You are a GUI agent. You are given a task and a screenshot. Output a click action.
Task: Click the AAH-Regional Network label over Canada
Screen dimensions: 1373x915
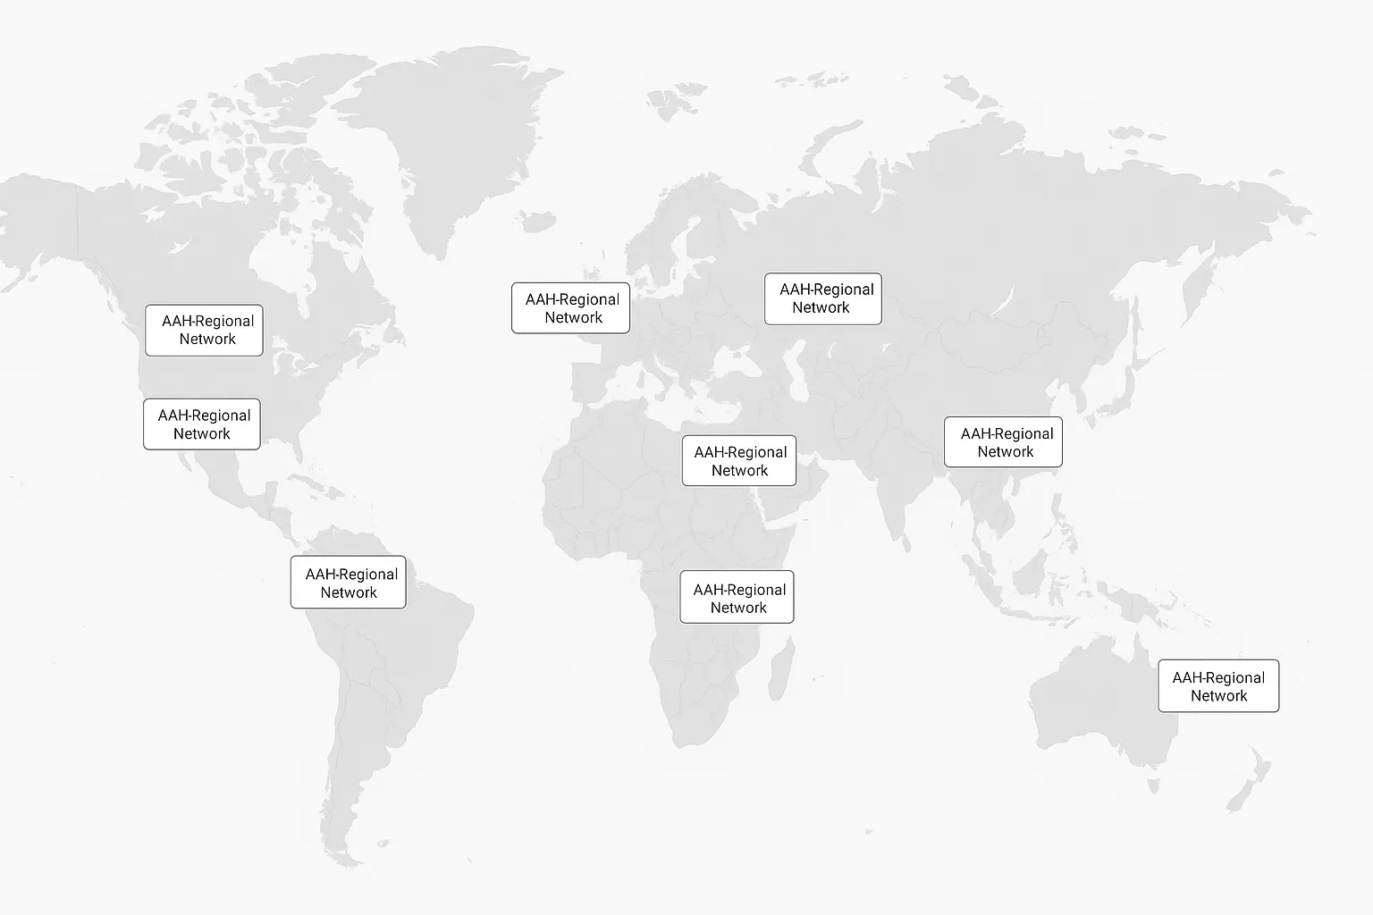pos(204,331)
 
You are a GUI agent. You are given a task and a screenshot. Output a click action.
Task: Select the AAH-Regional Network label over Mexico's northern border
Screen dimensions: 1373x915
pos(202,424)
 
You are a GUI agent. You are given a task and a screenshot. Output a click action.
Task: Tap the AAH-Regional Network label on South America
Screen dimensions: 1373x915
pos(348,583)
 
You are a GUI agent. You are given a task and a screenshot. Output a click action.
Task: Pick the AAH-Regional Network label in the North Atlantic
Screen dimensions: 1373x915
pos(570,308)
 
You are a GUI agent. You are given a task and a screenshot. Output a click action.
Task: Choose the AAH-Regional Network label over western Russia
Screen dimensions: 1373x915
pos(822,298)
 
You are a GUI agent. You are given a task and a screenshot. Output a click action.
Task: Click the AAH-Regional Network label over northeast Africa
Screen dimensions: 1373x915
pos(738,461)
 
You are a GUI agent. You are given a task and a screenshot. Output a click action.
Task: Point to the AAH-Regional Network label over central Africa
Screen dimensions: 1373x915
pos(737,598)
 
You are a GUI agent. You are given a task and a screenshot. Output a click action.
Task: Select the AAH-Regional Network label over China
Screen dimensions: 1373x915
pos(1003,442)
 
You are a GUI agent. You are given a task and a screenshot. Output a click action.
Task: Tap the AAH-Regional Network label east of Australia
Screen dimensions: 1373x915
pos(1218,686)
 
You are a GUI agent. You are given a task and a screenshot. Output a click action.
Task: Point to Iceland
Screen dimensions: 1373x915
pos(537,220)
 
